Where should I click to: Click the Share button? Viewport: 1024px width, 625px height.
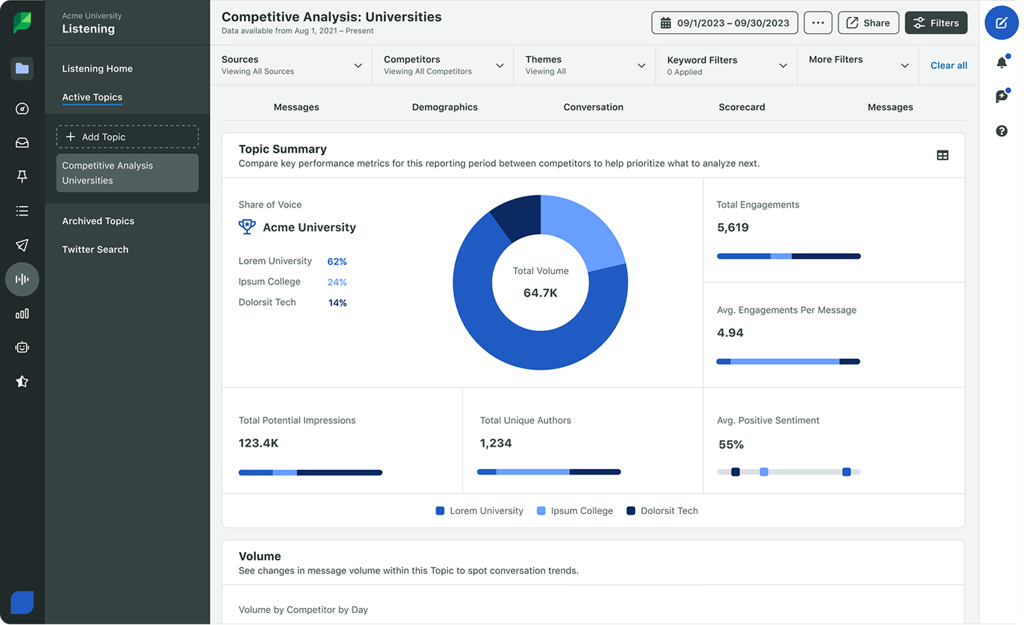click(868, 23)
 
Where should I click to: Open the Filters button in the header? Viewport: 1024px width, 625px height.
click(935, 23)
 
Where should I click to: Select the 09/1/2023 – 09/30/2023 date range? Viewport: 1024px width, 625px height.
click(724, 23)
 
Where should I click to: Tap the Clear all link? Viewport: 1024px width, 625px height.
click(948, 65)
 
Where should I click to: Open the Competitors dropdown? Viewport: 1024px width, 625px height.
click(443, 65)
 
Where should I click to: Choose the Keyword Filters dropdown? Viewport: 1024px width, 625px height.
click(726, 65)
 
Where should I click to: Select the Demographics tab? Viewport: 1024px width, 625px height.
click(445, 107)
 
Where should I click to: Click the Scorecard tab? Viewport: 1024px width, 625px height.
click(741, 107)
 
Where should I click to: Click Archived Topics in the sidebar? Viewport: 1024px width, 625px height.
click(98, 221)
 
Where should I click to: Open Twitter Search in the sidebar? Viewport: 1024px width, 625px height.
click(95, 250)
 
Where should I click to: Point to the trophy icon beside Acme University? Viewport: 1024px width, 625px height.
click(246, 227)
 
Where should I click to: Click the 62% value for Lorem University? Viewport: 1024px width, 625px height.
click(337, 261)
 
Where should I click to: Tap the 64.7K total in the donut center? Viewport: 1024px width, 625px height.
click(540, 293)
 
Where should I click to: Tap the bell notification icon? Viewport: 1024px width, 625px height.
click(1002, 63)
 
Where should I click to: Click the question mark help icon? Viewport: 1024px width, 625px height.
click(1002, 131)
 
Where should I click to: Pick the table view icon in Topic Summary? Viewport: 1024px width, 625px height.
click(942, 155)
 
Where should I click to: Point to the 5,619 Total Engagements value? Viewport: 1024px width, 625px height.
click(733, 227)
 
